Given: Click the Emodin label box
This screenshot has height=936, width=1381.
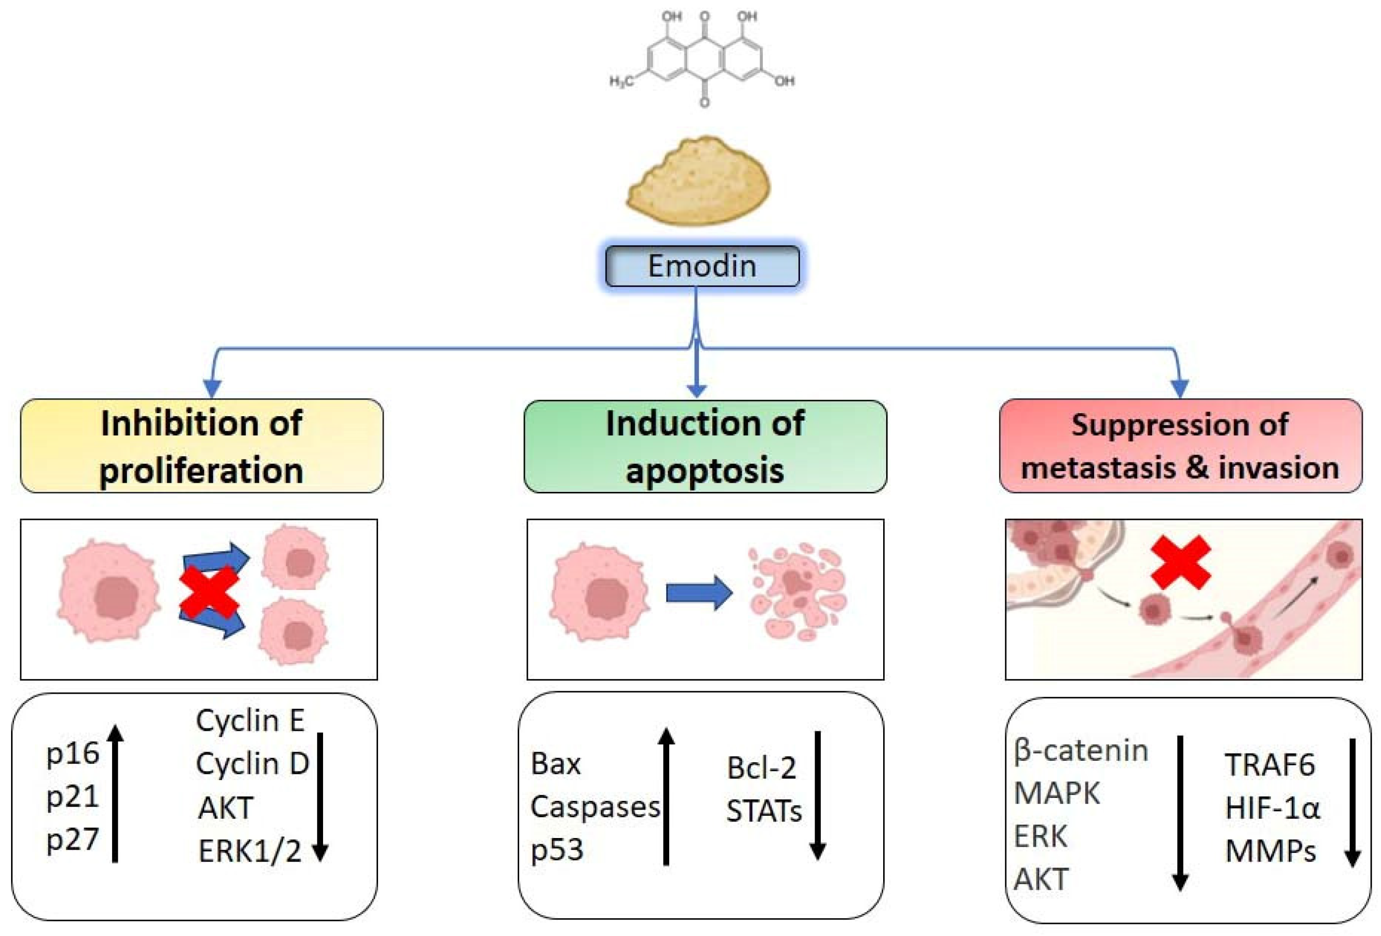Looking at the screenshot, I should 702,266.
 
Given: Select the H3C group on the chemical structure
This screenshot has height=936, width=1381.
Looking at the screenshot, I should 621,81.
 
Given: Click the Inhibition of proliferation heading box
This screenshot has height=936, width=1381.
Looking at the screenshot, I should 201,446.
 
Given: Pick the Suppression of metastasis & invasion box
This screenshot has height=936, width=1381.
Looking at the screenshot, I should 1180,446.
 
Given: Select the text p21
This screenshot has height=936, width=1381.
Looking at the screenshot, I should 72,796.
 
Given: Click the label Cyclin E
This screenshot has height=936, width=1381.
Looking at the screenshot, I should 250,720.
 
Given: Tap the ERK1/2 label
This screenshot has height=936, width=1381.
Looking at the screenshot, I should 250,851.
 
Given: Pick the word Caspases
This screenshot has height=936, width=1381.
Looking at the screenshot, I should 595,807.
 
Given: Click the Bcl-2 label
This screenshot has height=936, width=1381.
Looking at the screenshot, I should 761,768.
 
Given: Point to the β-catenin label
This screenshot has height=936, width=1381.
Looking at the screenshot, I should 1080,751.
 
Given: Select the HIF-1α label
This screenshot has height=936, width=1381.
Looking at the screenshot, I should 1272,808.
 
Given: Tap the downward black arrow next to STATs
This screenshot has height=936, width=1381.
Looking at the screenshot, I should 817,796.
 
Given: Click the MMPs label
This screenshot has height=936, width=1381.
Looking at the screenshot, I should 1270,851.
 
